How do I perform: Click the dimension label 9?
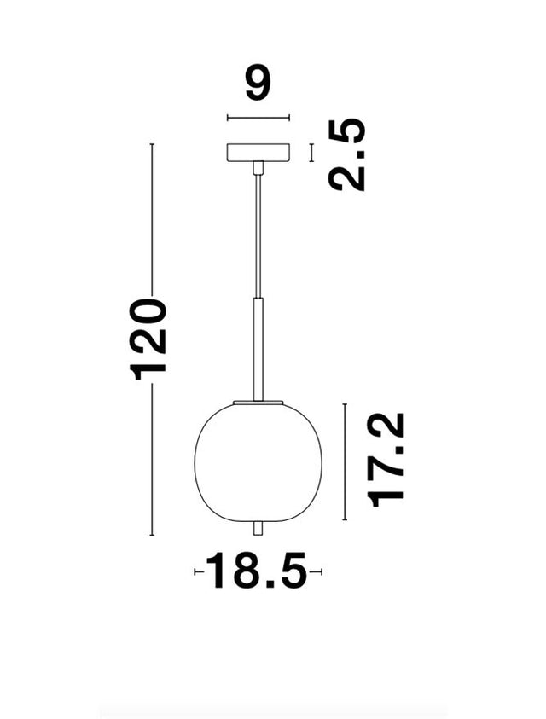[258, 84]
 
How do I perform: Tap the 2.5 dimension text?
[347, 154]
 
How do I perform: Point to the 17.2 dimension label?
[386, 460]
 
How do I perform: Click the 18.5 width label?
[257, 571]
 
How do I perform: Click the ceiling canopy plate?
[258, 152]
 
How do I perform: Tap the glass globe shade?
[258, 462]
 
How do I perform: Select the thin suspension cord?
[258, 236]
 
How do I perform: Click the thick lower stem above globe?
[258, 350]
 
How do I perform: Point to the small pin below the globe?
[258, 528]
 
